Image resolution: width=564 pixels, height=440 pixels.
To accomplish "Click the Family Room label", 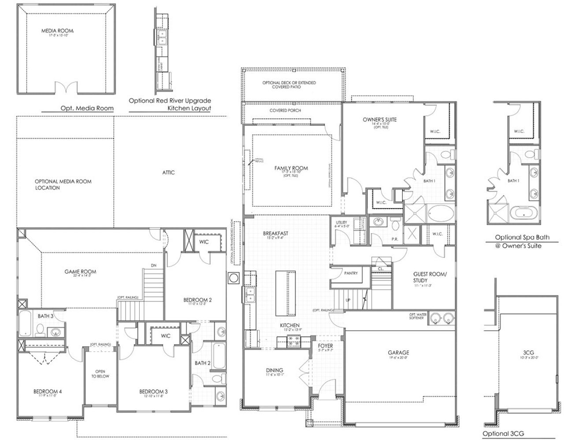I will click(291, 168).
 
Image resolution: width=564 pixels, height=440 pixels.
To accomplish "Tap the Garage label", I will click(398, 352).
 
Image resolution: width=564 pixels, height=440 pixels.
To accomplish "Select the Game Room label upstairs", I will click(80, 272).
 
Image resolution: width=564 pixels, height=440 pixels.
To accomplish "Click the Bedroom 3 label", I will click(153, 392).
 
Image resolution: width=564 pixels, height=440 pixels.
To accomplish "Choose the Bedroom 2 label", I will click(197, 300).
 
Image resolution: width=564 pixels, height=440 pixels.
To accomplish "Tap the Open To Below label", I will click(100, 374).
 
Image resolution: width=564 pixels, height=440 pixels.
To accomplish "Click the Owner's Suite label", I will click(379, 120).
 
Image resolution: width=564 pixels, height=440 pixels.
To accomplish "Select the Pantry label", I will click(351, 273).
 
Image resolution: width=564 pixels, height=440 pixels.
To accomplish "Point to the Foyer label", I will click(326, 346).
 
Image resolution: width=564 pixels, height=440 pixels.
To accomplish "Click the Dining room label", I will click(274, 370).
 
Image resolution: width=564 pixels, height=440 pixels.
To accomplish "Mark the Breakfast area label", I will click(275, 233).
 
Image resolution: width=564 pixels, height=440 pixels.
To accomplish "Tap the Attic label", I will click(168, 172).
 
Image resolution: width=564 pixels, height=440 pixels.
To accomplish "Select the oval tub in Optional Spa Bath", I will click(523, 213).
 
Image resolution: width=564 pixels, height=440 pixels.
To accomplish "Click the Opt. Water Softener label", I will click(416, 316).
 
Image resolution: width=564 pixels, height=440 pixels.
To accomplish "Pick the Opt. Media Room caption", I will click(87, 108).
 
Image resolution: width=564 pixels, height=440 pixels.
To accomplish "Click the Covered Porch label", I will click(285, 110).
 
